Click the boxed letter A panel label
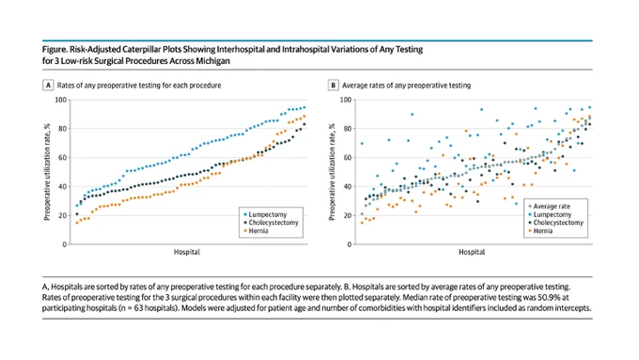pos(48,86)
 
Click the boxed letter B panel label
pos(333,86)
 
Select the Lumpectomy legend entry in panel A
pos(265,214)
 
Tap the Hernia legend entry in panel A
pos(256,231)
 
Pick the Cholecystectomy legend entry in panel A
pos(271,223)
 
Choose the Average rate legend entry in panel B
pos(550,206)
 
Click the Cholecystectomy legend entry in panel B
pos(556,223)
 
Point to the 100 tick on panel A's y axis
pos(61,100)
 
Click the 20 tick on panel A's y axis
pos(62,215)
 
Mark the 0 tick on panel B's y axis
pos(350,244)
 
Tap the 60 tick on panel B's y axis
pos(347,157)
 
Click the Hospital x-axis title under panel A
pos(187,252)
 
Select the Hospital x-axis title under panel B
pos(472,252)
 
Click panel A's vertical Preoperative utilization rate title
pos(47,172)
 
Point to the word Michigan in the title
pos(214,61)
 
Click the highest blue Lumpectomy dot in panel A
pos(304,108)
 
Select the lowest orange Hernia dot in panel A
pos(77,223)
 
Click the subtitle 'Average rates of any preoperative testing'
pos(406,86)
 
